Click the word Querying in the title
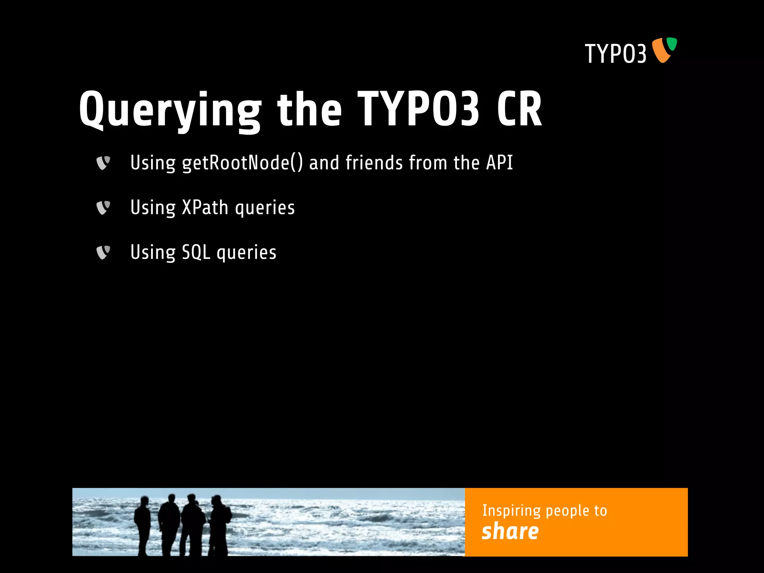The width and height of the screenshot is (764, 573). pyautogui.click(x=170, y=110)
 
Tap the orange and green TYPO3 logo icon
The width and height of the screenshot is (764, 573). pyautogui.click(x=664, y=50)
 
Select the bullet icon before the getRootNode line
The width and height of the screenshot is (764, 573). pyautogui.click(x=103, y=163)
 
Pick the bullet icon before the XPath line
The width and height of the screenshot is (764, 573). pyautogui.click(x=103, y=208)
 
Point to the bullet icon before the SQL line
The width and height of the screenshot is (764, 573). pyautogui.click(x=103, y=253)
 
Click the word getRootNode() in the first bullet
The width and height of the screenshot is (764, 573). pyautogui.click(x=242, y=163)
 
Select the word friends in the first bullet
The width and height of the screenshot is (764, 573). pyautogui.click(x=374, y=163)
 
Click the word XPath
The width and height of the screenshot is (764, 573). pyautogui.click(x=205, y=207)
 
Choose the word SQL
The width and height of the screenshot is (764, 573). pyautogui.click(x=196, y=253)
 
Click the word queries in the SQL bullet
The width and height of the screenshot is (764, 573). pyautogui.click(x=247, y=253)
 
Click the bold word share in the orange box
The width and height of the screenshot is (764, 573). pyautogui.click(x=510, y=531)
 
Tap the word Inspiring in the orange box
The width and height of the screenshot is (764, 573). pyautogui.click(x=511, y=511)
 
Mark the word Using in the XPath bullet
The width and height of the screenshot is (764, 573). pyautogui.click(x=153, y=208)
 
